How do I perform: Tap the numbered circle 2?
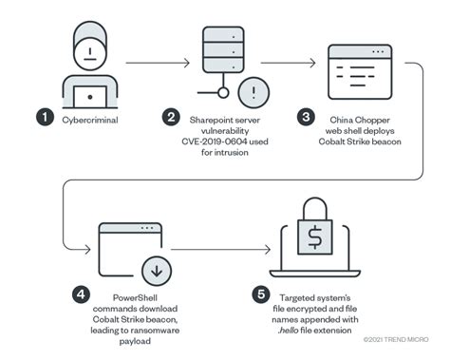tap(171, 118)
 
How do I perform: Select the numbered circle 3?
tap(306, 118)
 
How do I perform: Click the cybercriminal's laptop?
tap(90, 94)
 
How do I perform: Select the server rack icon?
tap(219, 55)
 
